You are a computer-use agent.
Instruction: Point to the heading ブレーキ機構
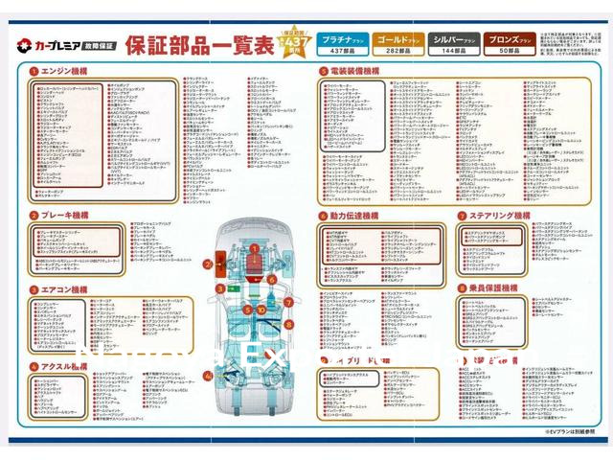tap(63, 216)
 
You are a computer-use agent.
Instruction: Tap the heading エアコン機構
tap(63, 288)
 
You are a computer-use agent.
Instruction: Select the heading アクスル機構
tap(63, 366)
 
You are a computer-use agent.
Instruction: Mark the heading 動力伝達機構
tap(355, 217)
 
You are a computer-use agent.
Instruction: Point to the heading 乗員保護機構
tap(496, 287)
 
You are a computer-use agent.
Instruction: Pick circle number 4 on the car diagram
tap(207, 376)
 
